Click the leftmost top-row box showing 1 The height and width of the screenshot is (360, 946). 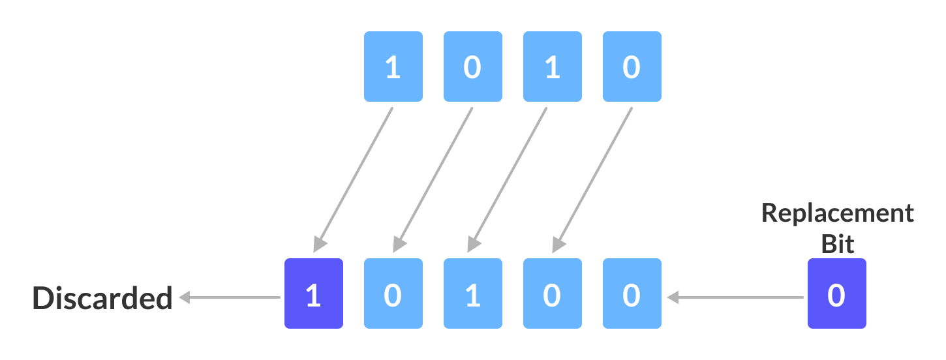pos(393,67)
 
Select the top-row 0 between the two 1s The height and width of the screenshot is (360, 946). pos(472,67)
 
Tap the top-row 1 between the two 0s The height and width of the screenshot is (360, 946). pos(552,67)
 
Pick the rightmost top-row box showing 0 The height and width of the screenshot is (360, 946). pos(632,67)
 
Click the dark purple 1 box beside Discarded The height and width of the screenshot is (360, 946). pos(313,293)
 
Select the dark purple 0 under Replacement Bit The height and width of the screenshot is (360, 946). pos(836,293)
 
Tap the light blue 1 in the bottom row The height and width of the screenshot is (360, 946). pos(472,293)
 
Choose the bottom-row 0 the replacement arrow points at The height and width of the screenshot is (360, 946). pos(632,293)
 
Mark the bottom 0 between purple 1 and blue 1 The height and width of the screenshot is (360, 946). pos(393,293)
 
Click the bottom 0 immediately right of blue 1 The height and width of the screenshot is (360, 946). pos(552,293)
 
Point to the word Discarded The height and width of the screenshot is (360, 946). pos(102,299)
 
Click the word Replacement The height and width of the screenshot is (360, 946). pos(838,214)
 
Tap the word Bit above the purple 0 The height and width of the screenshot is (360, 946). pos(838,243)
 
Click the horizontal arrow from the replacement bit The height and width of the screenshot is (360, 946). pos(737,297)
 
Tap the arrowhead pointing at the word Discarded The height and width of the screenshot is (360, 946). pos(185,297)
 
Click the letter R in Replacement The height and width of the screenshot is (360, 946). pos(771,214)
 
